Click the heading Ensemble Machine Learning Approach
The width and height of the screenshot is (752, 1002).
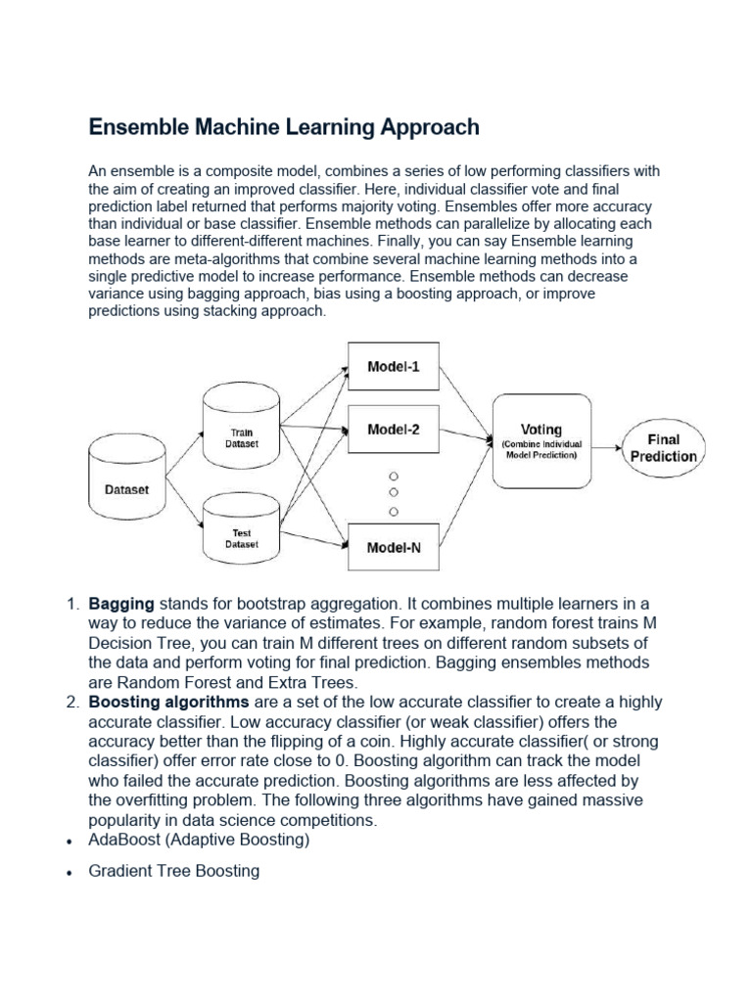284,127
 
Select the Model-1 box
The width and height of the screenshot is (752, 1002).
394,367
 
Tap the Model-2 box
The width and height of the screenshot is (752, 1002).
394,429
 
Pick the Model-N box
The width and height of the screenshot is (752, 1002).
394,548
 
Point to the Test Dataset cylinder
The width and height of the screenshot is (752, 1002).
241,534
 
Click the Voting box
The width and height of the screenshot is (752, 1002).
541,440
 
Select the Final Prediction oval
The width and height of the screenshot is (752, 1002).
663,448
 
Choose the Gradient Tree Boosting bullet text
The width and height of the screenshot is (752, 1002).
174,870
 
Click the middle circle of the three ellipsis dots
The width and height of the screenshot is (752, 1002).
395,492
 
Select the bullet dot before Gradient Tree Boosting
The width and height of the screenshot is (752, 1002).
70,872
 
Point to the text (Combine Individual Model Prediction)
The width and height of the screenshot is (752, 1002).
541,450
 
